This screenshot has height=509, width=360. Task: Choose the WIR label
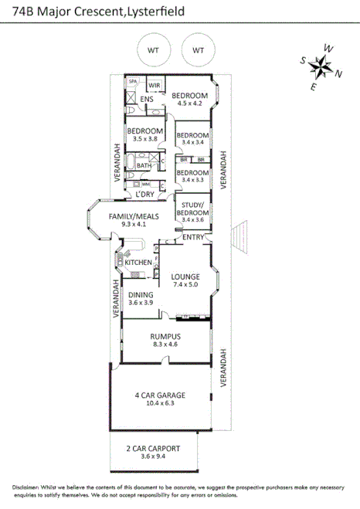(154, 85)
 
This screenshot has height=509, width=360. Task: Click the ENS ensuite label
(147, 99)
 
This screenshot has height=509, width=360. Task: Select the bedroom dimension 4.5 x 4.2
(189, 103)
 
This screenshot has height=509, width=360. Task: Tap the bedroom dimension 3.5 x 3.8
(144, 139)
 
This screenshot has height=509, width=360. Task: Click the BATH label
(144, 165)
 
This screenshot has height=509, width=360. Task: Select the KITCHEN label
(139, 263)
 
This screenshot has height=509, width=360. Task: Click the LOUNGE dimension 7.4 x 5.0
(185, 286)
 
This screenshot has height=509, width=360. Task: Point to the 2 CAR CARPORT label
(152, 448)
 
